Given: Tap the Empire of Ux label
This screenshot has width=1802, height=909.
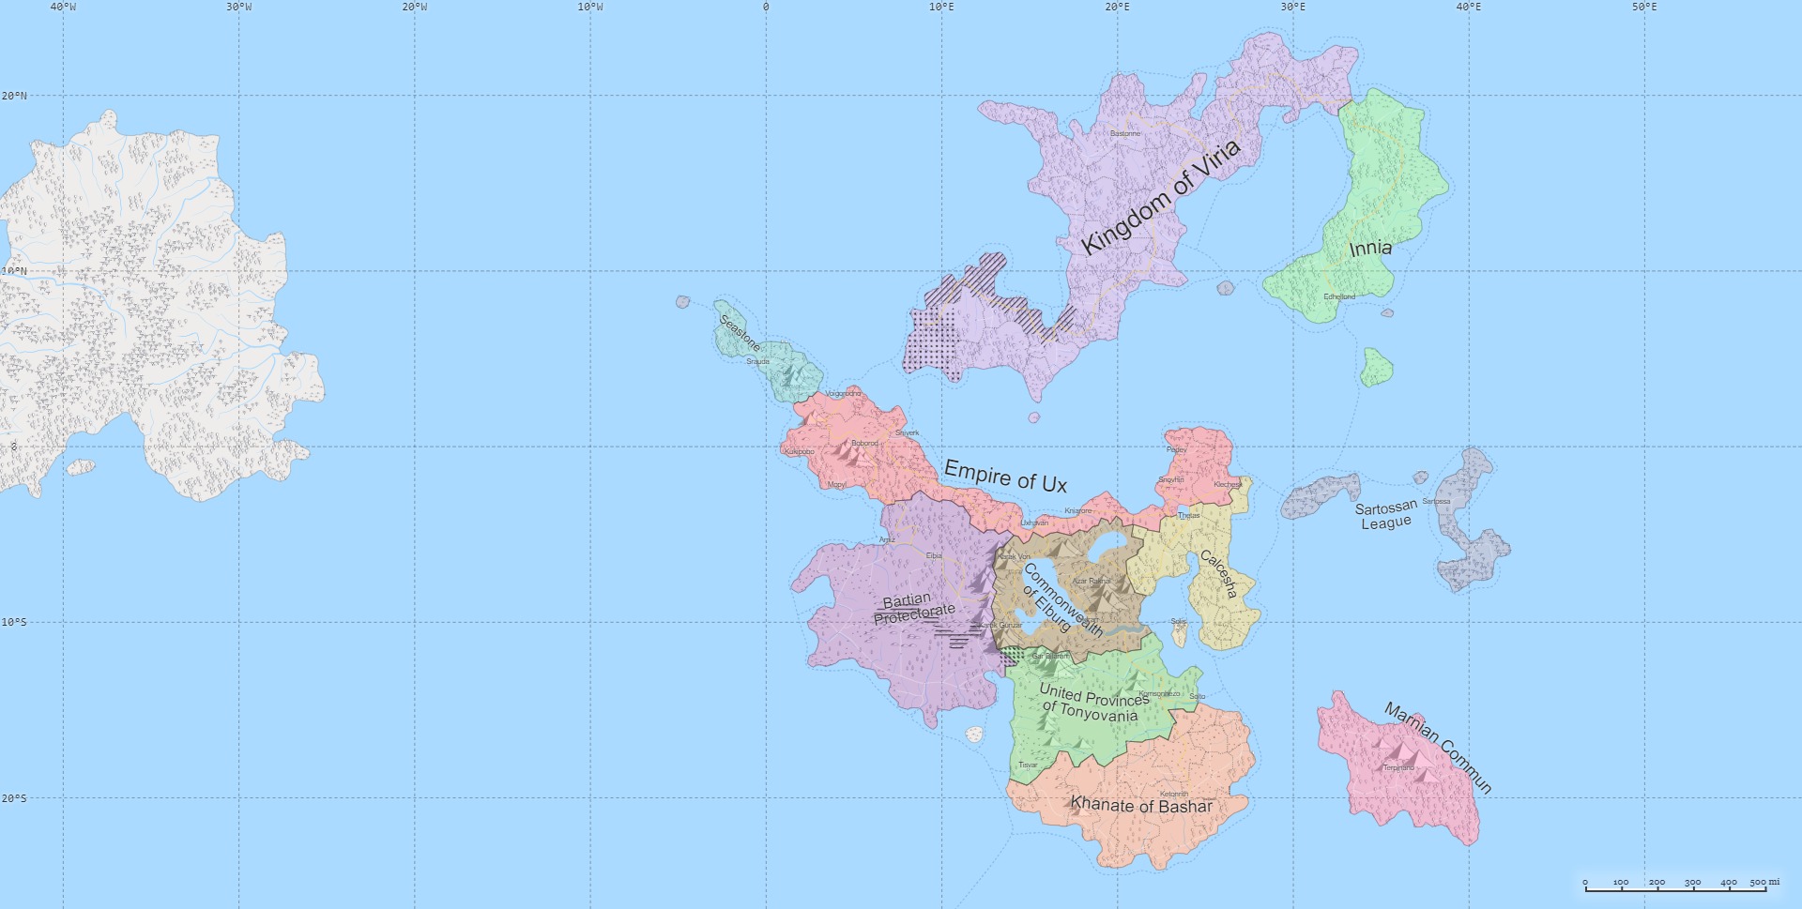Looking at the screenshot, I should (1005, 477).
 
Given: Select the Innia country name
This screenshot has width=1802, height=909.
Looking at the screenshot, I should (1370, 249).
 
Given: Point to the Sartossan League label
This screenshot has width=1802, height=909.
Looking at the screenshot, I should (1386, 515).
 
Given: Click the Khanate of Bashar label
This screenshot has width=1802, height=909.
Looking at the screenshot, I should (1141, 805).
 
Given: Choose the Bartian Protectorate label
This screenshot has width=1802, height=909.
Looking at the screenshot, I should (913, 607).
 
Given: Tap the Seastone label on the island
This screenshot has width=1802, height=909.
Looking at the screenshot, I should (740, 332).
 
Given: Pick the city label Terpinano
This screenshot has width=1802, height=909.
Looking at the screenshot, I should (1397, 767).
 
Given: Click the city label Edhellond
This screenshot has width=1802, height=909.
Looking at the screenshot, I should (1339, 296).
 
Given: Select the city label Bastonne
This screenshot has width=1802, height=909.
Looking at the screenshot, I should (1125, 133).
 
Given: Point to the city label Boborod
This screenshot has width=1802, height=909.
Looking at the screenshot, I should (864, 443).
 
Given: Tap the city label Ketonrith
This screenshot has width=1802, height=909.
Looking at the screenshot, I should (1174, 794).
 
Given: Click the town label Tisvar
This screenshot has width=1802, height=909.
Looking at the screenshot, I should (1029, 765).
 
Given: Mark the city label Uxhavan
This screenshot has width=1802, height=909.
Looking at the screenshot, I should (1034, 523).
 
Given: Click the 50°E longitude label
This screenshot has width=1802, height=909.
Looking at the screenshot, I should (1644, 7).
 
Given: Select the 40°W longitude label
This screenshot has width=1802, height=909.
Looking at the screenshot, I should (63, 7).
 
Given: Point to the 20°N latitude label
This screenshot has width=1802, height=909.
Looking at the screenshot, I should (14, 96).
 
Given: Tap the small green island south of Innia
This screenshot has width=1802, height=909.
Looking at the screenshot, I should (1377, 367).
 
